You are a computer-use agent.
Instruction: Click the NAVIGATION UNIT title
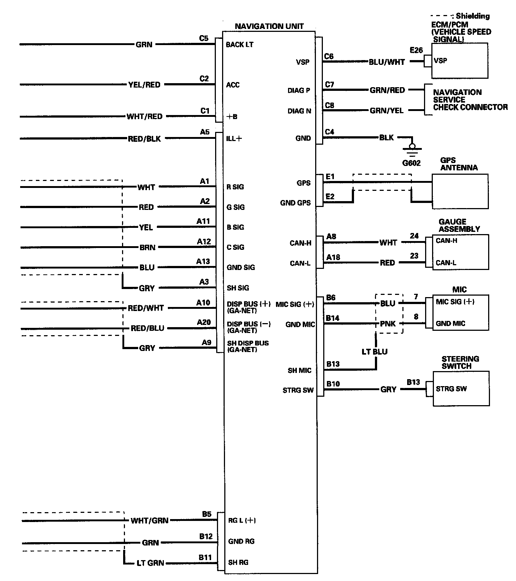point(269,26)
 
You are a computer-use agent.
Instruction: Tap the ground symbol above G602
point(412,148)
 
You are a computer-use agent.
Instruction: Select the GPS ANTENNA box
point(460,191)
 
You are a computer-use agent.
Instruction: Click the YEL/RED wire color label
point(144,85)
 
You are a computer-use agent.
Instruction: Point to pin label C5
point(204,38)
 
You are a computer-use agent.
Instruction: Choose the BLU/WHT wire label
point(387,62)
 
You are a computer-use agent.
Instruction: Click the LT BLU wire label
point(375,352)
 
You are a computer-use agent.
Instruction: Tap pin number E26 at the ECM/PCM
point(416,50)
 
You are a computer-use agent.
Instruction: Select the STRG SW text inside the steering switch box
point(451,389)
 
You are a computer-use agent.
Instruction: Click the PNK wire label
point(388,324)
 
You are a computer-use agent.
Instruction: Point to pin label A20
point(204,322)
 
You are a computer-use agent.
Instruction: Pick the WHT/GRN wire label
point(150,520)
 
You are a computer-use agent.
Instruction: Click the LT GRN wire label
point(150,563)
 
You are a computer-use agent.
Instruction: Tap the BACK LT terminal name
point(240,45)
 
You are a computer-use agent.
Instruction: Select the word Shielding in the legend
point(473,16)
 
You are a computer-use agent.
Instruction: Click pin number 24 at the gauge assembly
point(414,236)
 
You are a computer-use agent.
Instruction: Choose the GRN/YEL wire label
point(387,110)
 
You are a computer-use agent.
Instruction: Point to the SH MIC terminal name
point(299,370)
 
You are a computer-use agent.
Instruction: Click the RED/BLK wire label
point(144,139)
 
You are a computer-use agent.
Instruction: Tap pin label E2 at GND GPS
point(330,197)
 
